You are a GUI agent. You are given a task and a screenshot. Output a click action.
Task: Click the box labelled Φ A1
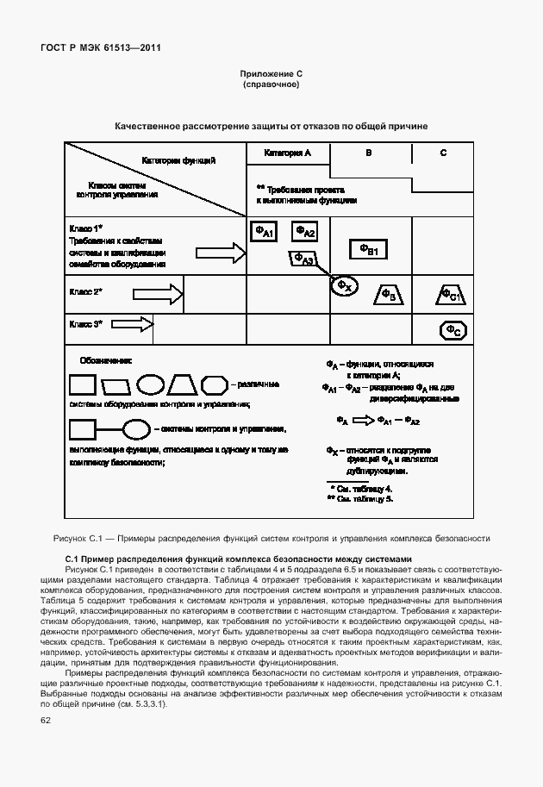263,231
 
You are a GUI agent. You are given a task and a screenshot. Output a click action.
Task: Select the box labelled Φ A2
305,231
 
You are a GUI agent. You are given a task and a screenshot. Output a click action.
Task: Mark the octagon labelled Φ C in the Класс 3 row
453,329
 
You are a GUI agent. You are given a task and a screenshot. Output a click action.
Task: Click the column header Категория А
288,153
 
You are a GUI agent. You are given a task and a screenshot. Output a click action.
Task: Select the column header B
369,153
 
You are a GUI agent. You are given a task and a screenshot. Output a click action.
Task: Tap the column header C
443,153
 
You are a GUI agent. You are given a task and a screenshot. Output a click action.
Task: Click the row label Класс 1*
86,228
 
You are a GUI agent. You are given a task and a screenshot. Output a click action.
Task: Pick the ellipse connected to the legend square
136,428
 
